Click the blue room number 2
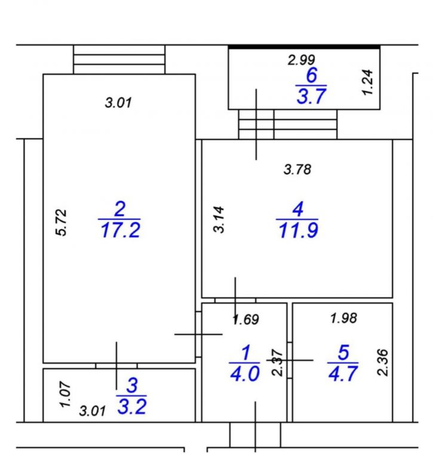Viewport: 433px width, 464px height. click(x=119, y=209)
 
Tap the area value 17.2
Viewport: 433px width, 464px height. click(x=120, y=231)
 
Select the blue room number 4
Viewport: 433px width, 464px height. click(x=298, y=209)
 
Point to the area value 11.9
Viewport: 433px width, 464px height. click(x=299, y=231)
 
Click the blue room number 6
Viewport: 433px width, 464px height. click(x=312, y=75)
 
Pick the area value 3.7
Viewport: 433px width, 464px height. click(x=311, y=97)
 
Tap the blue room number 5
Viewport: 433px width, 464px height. click(x=343, y=352)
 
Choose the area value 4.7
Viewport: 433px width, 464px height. click(x=343, y=374)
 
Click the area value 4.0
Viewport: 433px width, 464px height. click(x=245, y=374)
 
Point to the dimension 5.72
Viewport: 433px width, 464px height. click(x=62, y=223)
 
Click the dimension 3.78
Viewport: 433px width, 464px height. click(x=297, y=170)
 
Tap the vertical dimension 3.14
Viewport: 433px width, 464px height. click(x=219, y=220)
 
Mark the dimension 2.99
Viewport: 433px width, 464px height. click(x=301, y=60)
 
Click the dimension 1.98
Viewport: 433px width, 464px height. click(x=343, y=318)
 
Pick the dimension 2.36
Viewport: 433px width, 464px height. click(x=383, y=362)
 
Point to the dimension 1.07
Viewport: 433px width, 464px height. click(x=65, y=395)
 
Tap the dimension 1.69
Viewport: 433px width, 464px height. click(x=245, y=319)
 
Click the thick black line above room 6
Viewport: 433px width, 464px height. click(x=304, y=47)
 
